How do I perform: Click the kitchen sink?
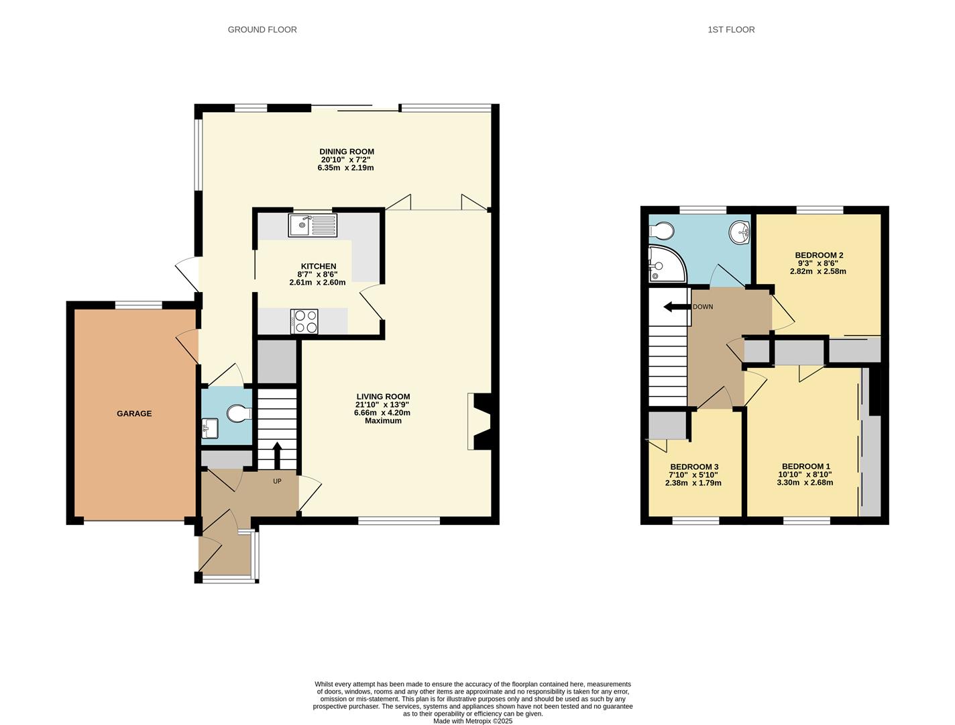[312, 225]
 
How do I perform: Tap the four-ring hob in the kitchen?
[304, 321]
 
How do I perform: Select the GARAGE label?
[134, 414]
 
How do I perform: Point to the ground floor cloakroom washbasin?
[210, 428]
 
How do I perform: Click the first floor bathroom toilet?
[661, 231]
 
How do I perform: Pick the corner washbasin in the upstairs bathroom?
[740, 232]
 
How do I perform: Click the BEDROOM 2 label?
[819, 255]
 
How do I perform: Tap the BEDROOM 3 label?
[694, 467]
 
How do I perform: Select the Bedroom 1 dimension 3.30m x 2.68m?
[805, 483]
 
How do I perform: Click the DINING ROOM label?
[347, 152]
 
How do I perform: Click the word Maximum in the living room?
[383, 421]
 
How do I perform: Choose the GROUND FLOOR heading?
[262, 30]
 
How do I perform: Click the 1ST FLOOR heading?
[731, 30]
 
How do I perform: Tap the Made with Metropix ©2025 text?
[473, 721]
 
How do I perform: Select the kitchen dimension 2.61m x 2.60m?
[317, 283]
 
